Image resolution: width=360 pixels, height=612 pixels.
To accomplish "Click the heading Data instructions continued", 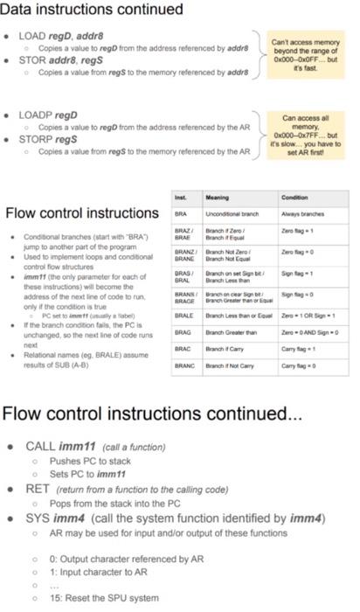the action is pos(93,10).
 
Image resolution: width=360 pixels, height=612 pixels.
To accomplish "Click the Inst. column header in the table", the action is pos(183,197).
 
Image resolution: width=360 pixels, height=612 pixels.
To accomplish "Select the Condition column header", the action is pos(294,197).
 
